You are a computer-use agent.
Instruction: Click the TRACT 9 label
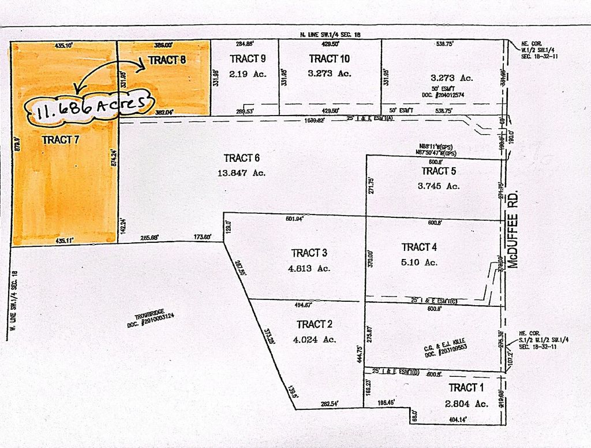(248, 58)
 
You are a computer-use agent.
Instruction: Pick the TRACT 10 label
(330, 58)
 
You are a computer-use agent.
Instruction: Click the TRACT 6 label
(242, 158)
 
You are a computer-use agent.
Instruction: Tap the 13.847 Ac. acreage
(242, 173)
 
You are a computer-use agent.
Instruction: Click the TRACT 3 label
(310, 253)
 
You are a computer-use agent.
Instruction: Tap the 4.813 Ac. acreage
(310, 268)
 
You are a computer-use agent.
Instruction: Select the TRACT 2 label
(315, 324)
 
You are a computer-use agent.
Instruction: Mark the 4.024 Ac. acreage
(315, 339)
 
